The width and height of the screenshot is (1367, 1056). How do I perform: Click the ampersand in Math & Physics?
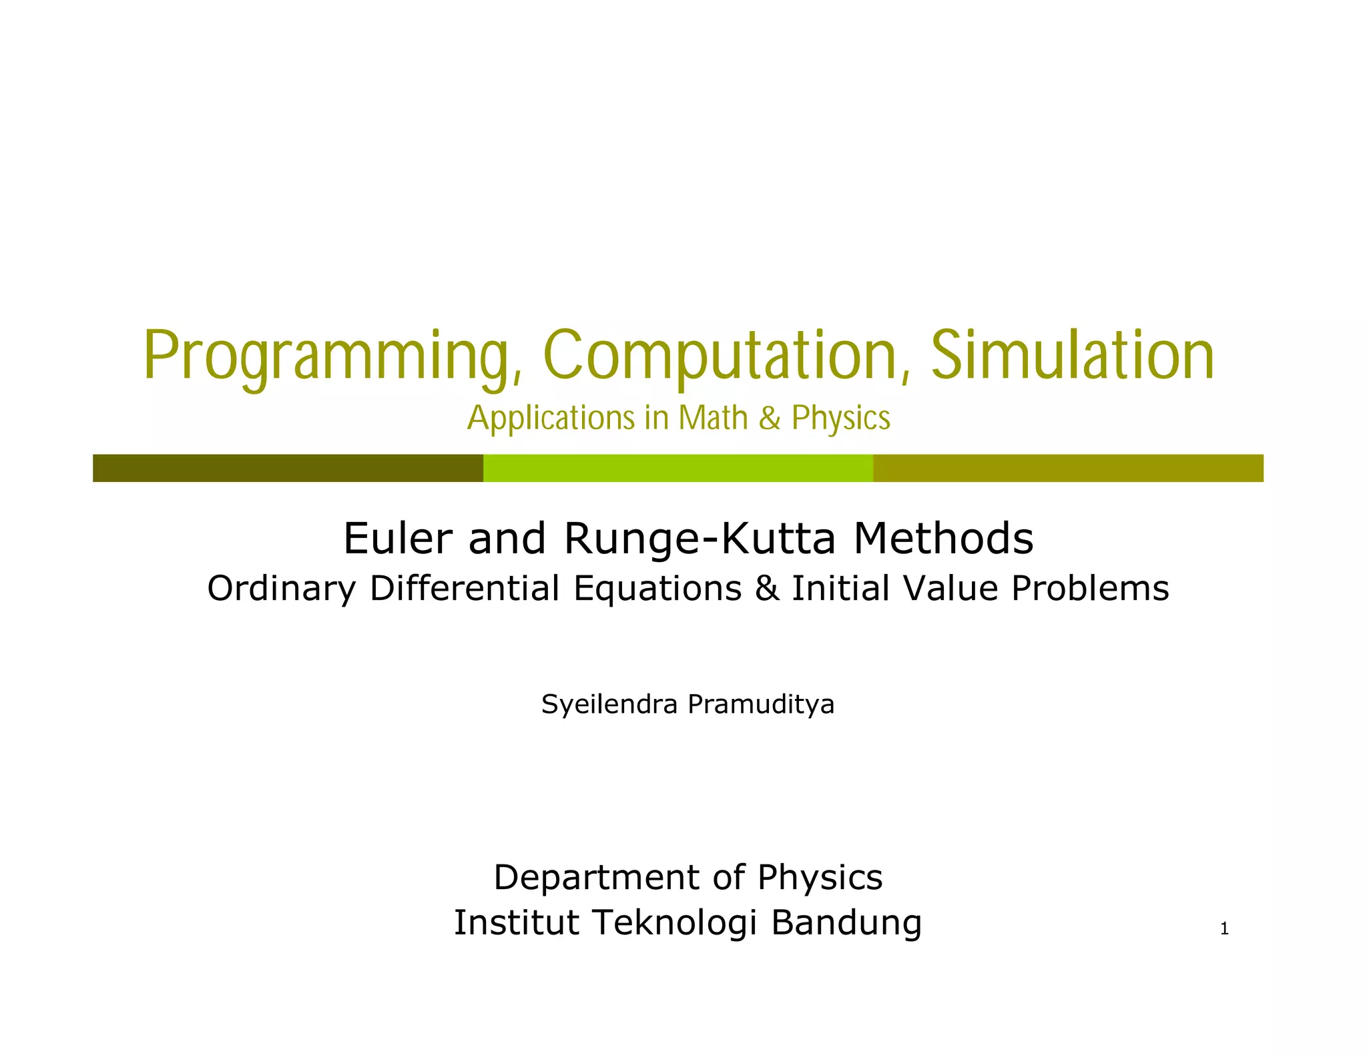(770, 419)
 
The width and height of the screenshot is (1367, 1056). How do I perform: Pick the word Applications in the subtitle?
(551, 419)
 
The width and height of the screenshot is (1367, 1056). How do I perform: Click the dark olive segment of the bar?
(288, 468)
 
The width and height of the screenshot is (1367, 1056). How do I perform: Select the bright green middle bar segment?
(677, 468)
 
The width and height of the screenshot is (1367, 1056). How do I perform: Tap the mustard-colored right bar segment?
(1068, 468)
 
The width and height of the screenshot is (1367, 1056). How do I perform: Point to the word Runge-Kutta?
(700, 539)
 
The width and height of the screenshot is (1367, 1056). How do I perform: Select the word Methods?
(943, 539)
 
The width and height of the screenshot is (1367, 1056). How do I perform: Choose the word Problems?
(1090, 589)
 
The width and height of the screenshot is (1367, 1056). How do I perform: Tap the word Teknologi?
(675, 923)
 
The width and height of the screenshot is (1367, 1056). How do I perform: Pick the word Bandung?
(846, 924)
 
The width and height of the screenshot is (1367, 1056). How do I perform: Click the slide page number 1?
(1224, 929)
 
